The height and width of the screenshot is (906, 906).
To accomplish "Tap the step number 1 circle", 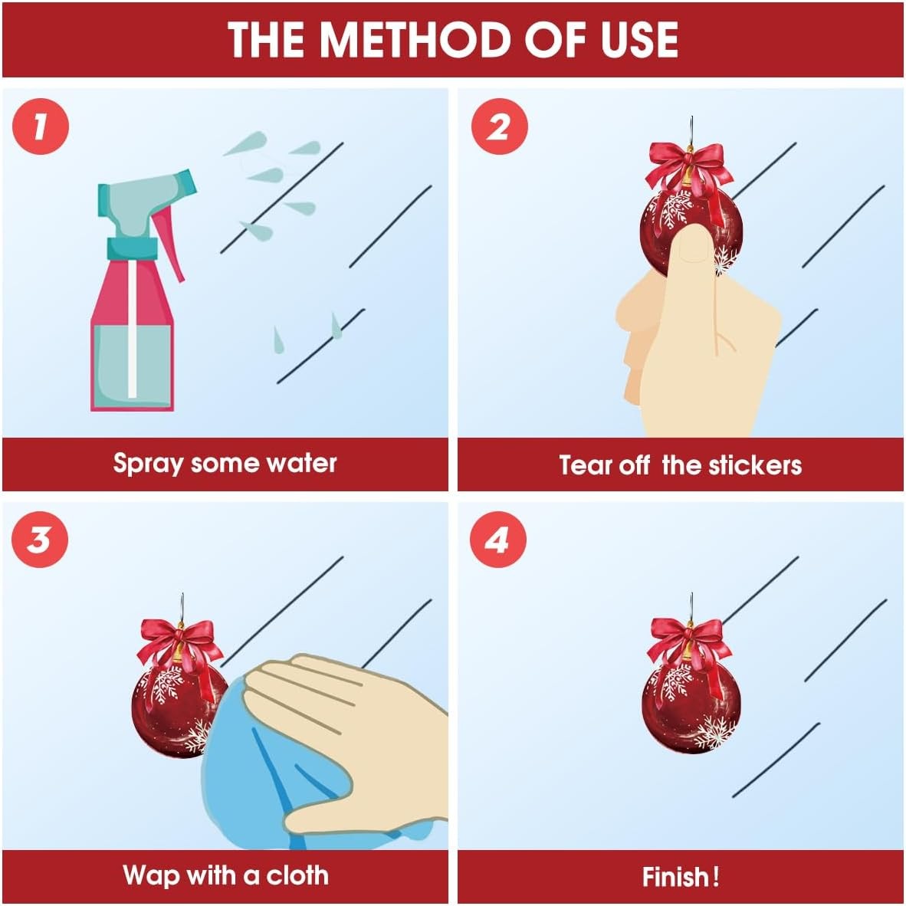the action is click(41, 126).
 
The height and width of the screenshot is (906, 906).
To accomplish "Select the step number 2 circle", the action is click(499, 126).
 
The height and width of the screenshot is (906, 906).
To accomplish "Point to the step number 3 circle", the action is click(39, 540).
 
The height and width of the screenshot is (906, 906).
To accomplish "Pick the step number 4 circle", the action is click(497, 540).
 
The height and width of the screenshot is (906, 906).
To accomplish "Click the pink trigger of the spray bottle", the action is click(170, 243).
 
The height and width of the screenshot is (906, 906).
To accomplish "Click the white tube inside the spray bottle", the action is click(133, 330).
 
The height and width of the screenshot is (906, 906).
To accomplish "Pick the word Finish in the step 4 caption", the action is click(675, 877).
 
